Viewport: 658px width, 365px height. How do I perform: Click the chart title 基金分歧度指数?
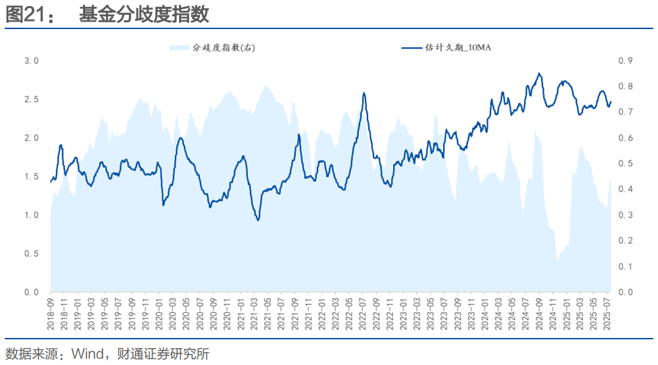(x=143, y=14)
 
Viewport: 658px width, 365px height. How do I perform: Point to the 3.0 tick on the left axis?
(x=31, y=61)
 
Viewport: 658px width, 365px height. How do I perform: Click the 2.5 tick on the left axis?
(x=31, y=99)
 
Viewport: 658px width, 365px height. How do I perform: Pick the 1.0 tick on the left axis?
(x=31, y=215)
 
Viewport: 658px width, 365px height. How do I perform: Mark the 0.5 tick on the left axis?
(x=31, y=253)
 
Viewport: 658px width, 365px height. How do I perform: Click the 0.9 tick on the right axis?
(x=626, y=61)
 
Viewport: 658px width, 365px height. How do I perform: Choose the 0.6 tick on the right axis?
(x=626, y=138)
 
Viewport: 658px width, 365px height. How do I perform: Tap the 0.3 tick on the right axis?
(x=626, y=215)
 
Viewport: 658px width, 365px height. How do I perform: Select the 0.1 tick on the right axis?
(x=626, y=266)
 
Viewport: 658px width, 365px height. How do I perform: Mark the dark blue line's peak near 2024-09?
(x=538, y=73)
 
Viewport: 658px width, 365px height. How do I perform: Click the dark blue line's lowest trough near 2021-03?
(x=257, y=220)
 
